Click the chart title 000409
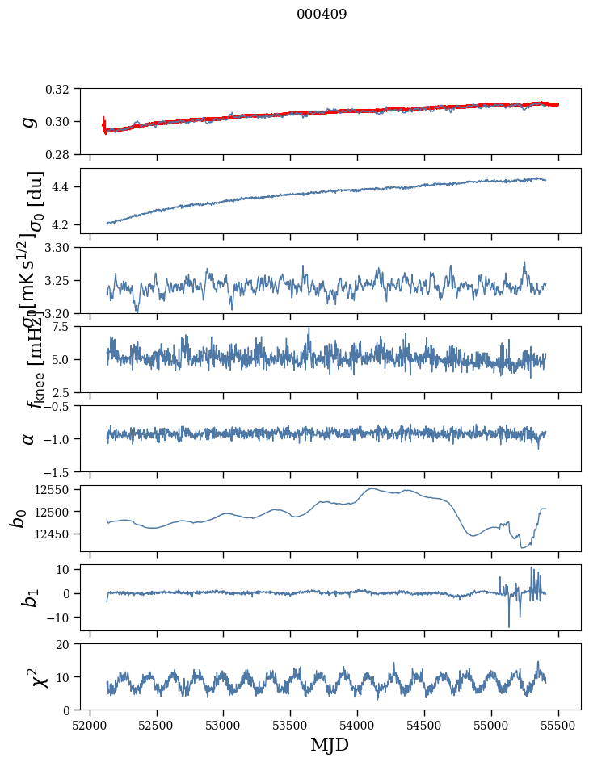[322, 15]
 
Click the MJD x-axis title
[330, 744]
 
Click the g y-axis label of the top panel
[29, 121]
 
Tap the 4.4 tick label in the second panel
[67, 187]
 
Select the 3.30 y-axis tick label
[63, 248]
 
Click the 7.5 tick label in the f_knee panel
[67, 327]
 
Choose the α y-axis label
[29, 438]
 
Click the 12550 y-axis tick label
[57, 489]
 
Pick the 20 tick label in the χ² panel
[67, 644]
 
